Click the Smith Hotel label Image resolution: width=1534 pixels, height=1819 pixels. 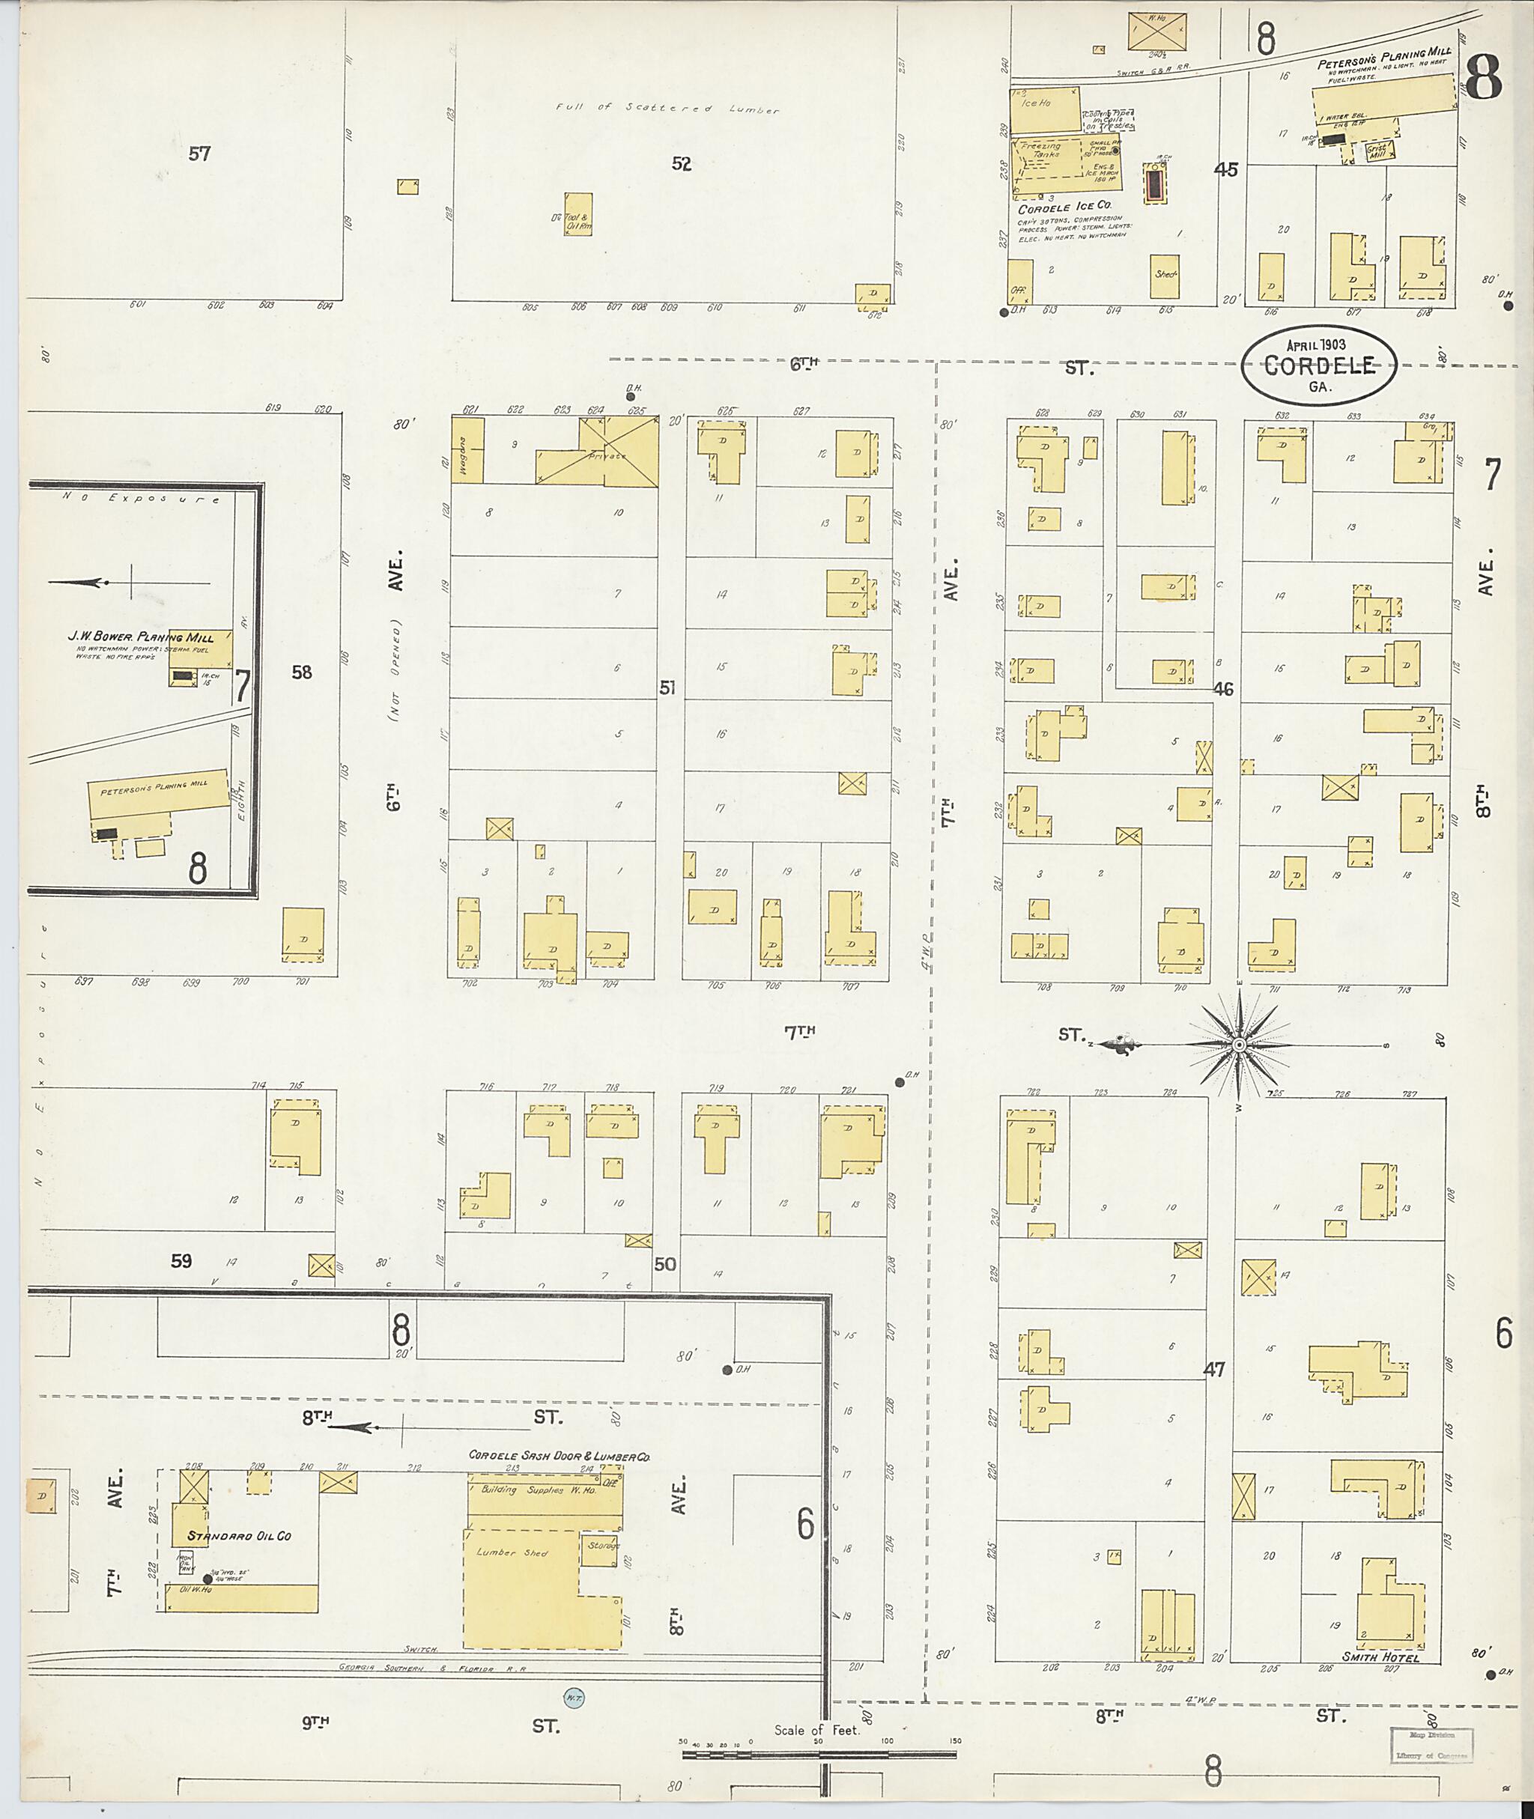pyautogui.click(x=1381, y=1658)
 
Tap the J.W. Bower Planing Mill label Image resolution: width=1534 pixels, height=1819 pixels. pyautogui.click(x=141, y=637)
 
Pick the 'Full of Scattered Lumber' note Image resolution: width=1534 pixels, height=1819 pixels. pyautogui.click(x=668, y=109)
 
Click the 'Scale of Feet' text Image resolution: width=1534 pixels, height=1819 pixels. pyautogui.click(x=816, y=1731)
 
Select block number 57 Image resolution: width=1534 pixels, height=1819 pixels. pyautogui.click(x=200, y=154)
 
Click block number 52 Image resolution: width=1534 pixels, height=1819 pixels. pyautogui.click(x=681, y=163)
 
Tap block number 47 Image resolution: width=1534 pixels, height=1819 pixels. pyautogui.click(x=1214, y=1370)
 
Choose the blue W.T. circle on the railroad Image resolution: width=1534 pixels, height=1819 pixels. pyautogui.click(x=572, y=1696)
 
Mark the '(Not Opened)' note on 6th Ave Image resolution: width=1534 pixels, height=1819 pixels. pyautogui.click(x=395, y=671)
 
